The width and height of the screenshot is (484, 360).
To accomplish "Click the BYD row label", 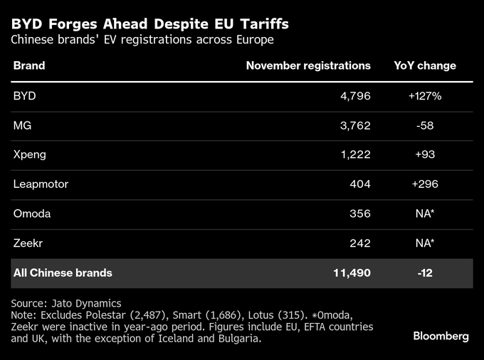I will point(25,95).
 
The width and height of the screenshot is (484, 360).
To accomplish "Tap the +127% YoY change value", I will point(425,95).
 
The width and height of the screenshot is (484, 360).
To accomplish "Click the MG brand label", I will point(22,125).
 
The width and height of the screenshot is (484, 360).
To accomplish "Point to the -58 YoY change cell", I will point(426,125).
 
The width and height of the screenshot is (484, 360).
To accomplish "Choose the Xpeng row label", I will point(29,154).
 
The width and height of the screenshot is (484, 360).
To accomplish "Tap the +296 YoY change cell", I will point(425,184).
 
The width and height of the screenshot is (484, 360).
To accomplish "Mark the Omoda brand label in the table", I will point(32,213).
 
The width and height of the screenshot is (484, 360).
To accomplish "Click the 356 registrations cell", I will point(359,213).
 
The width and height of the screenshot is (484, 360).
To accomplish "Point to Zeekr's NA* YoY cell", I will point(426,243).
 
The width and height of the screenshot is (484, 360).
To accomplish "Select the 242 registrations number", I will point(359,243).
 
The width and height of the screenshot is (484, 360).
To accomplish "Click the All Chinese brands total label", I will point(63,272).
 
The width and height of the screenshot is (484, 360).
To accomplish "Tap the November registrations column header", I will point(308,65).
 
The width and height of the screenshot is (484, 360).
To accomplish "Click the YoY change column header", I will point(425,65).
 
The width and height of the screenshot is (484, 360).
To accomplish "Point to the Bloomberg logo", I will point(441,336).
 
